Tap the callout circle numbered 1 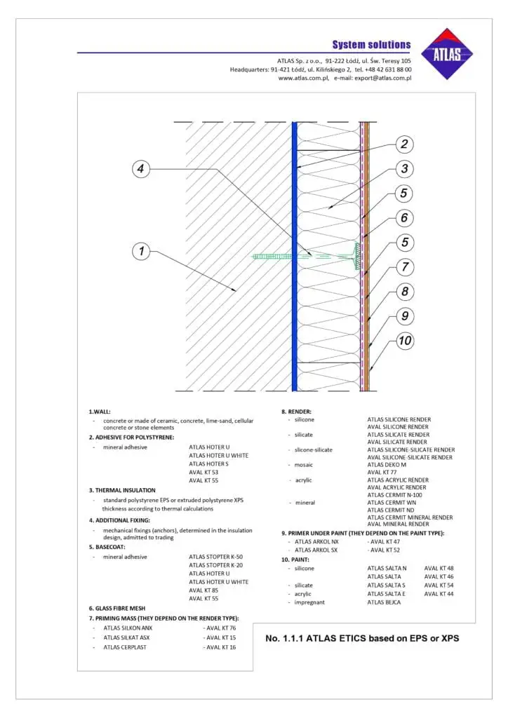(142, 250)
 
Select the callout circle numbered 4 (142, 168)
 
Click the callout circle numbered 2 (403, 144)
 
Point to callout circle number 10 (404, 341)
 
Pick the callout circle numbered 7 (404, 267)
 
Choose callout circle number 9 (404, 316)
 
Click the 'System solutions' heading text (371, 44)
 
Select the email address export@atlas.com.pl (382, 78)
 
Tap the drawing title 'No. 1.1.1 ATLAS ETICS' (362, 638)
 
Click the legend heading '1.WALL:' (100, 412)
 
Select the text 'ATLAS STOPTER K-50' (216, 556)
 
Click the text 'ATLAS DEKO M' (387, 464)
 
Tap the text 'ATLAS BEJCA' (384, 602)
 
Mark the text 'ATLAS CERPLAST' (126, 647)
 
